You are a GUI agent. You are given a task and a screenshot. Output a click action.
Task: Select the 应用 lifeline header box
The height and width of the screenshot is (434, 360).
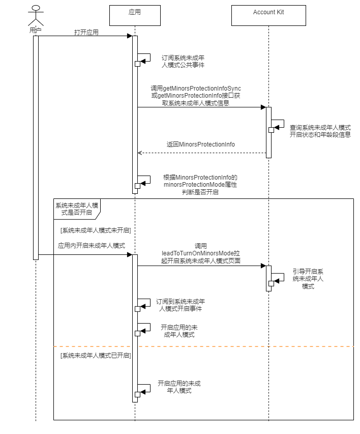(x=135, y=15)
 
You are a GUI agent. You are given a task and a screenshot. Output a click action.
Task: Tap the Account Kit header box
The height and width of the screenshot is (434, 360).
(x=268, y=15)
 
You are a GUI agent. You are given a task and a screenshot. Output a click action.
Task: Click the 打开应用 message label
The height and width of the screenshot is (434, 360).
(x=86, y=32)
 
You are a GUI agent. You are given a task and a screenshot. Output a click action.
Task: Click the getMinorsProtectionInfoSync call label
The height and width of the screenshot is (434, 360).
(x=196, y=96)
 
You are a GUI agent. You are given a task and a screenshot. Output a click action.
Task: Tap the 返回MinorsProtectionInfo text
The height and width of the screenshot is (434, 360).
(x=201, y=144)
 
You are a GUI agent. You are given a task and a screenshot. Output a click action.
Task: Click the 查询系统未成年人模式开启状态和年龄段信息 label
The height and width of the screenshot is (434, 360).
(x=320, y=131)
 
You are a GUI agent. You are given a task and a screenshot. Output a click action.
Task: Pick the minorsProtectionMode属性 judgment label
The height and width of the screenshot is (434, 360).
(x=200, y=185)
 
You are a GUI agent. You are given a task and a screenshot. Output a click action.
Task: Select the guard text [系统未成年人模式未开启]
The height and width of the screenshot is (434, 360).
(x=96, y=230)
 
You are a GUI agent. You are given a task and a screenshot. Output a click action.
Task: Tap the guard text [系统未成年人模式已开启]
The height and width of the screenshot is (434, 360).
(x=96, y=355)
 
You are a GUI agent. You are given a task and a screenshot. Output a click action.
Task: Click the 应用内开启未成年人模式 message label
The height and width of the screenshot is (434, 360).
(x=92, y=245)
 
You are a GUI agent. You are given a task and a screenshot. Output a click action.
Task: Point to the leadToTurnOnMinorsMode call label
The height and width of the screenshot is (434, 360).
(x=201, y=253)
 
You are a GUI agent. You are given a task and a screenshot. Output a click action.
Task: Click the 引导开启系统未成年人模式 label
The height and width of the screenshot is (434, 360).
(x=308, y=279)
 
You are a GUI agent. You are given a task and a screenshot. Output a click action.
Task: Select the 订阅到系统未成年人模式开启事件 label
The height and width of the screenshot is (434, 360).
(x=181, y=305)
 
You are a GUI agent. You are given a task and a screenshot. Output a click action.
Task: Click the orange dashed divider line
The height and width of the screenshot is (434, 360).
(x=203, y=346)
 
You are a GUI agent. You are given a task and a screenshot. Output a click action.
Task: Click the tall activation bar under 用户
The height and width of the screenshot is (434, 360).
(x=36, y=148)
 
